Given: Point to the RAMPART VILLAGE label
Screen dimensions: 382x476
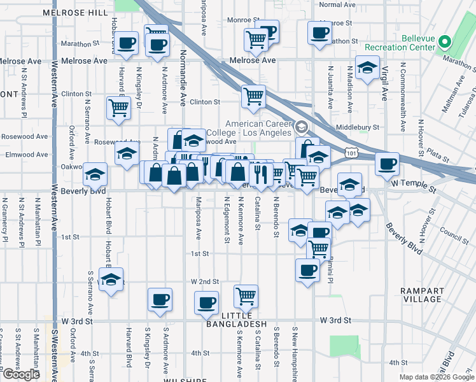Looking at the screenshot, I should (x=422, y=295).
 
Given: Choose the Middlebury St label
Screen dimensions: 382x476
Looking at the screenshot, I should (x=358, y=127).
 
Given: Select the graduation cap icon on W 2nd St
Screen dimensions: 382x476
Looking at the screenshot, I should (x=111, y=280).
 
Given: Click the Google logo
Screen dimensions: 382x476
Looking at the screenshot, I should (x=22, y=374).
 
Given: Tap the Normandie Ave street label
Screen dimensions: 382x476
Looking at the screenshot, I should (x=182, y=77).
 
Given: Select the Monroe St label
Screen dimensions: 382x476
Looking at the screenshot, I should (x=240, y=20).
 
